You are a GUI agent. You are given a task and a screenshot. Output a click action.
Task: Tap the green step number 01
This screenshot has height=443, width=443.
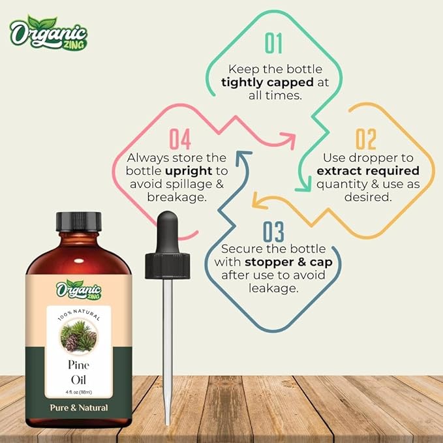(274, 44)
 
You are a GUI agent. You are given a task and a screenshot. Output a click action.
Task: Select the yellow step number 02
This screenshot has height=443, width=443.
(366, 139)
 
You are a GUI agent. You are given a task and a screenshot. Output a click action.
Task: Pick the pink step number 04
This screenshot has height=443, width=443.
(179, 139)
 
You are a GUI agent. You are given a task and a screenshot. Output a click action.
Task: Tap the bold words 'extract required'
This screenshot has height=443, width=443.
(367, 171)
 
